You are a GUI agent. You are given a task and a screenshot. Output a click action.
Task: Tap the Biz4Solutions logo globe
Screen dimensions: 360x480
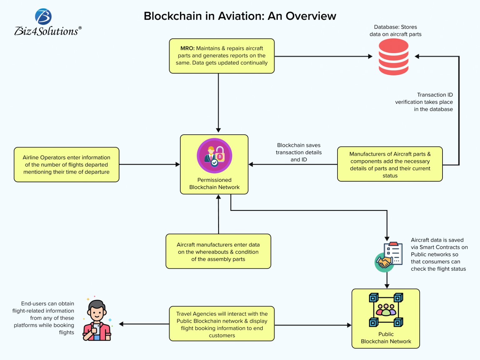(43, 17)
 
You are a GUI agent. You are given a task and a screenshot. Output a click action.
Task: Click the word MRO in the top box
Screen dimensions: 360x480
(187, 48)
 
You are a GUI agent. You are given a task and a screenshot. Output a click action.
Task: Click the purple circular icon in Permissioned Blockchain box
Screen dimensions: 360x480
(214, 156)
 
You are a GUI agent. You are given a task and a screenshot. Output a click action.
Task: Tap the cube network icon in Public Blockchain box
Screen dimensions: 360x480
(386, 310)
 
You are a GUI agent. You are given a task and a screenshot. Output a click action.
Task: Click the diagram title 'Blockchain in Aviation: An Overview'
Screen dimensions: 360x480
(240, 16)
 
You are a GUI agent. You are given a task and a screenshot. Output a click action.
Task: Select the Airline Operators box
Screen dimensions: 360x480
(67, 165)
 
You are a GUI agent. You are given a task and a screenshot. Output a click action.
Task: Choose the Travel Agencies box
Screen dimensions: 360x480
(222, 324)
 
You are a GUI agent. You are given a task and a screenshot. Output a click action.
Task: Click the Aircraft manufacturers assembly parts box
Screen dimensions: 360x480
(218, 252)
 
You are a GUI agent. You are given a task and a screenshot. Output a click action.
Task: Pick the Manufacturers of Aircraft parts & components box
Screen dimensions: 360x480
(390, 164)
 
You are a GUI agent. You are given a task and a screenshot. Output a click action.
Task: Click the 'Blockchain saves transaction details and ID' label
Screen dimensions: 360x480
(298, 152)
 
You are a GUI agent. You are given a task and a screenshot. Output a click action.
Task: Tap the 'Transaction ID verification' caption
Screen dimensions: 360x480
(424, 102)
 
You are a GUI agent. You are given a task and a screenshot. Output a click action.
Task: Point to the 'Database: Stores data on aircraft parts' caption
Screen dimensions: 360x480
(395, 31)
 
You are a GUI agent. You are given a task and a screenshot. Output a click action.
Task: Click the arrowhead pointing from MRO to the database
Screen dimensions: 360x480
(370, 57)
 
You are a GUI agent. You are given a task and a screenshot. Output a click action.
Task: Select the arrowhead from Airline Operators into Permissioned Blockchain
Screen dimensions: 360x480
(178, 164)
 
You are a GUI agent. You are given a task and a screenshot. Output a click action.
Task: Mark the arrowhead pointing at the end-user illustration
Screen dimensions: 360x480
(122, 324)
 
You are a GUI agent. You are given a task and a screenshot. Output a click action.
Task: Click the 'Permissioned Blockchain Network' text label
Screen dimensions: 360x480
(214, 184)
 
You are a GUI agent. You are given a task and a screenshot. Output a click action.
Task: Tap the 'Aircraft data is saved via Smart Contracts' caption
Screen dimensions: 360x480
(439, 254)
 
